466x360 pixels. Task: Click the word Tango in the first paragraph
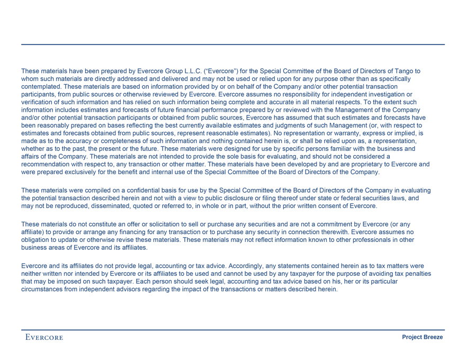coord(403,71)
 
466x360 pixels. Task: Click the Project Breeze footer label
coord(423,337)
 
